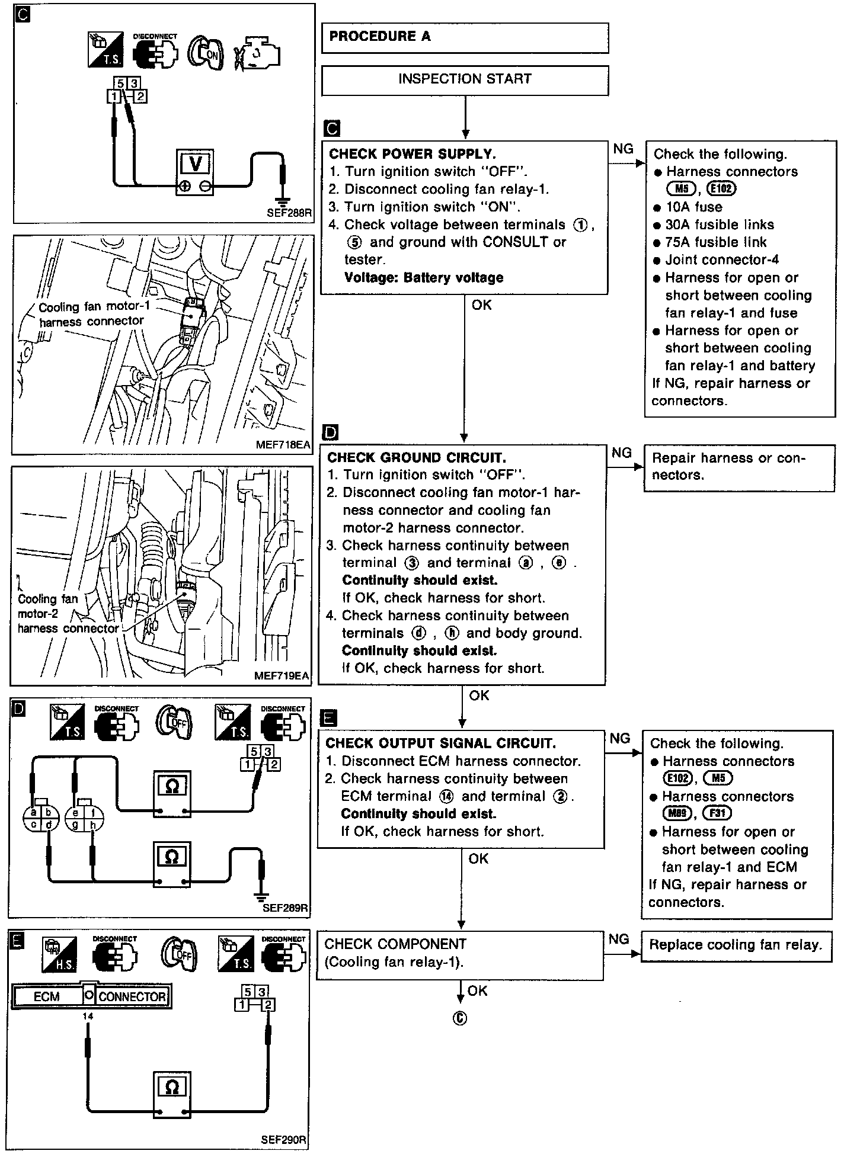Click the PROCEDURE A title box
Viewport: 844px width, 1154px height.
[465, 37]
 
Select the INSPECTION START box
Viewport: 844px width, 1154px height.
[465, 79]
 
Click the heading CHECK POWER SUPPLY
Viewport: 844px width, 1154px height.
[412, 154]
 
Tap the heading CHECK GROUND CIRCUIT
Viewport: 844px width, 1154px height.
[417, 457]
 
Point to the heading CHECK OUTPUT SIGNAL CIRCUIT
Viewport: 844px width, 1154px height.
[441, 743]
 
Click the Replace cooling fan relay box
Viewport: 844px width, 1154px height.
[736, 945]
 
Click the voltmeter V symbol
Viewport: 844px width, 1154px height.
[195, 164]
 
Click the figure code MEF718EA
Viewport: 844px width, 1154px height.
[283, 444]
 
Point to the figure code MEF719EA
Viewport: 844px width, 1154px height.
[281, 675]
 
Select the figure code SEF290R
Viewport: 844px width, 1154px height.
[283, 1139]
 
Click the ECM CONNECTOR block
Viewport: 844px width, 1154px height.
[90, 996]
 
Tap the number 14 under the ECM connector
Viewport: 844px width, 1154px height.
[88, 1017]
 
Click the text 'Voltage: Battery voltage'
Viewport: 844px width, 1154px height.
[423, 277]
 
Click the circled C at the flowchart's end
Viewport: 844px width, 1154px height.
[460, 1018]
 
